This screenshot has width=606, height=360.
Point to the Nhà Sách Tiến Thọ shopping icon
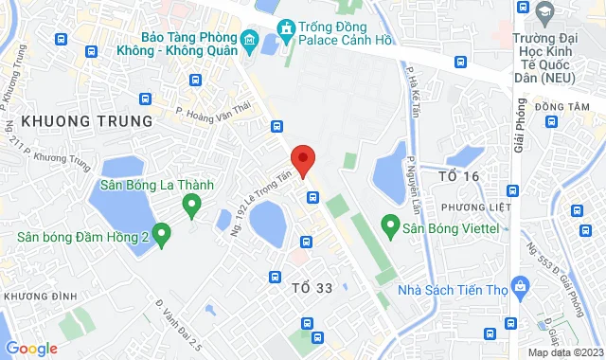[x=519, y=286]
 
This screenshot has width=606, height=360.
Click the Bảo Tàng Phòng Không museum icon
[x=249, y=40]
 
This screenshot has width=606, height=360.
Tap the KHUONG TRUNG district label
[x=86, y=121]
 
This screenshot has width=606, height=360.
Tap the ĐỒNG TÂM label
[x=562, y=107]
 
